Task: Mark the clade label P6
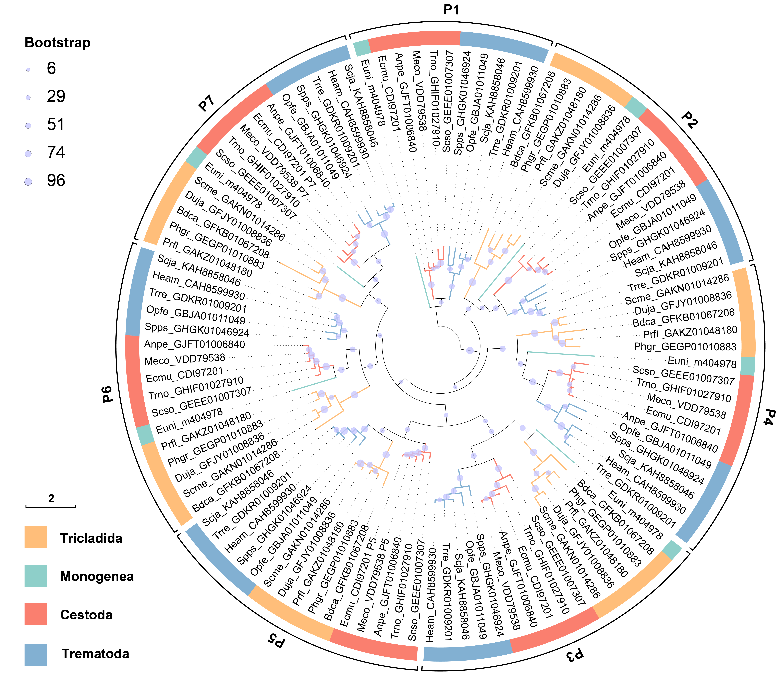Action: pos(108,394)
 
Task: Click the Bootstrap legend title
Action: pos(57,43)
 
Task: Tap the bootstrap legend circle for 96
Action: pos(28,182)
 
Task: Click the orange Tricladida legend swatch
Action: pos(35,537)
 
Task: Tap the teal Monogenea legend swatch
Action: pos(35,575)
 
